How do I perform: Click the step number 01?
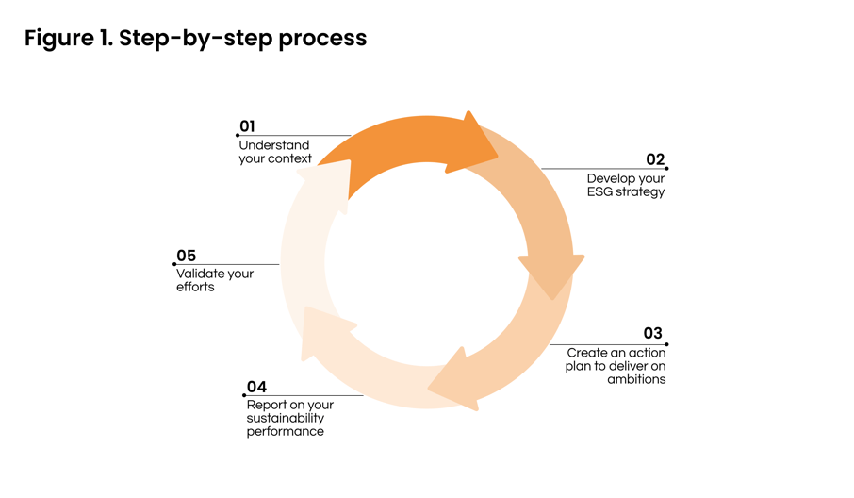coord(247,126)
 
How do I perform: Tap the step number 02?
coord(655,159)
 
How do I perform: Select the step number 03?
coord(652,334)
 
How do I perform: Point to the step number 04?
coord(256,387)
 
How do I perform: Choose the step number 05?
coord(187,256)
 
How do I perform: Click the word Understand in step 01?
coord(274,145)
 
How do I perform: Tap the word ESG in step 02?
coord(599,191)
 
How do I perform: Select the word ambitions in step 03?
coord(636,379)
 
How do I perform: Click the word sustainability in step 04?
coord(286,419)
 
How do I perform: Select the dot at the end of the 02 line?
coord(666,169)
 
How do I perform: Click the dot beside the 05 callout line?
coord(174,264)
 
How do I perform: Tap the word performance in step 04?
coord(286,432)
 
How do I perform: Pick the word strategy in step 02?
coord(640,192)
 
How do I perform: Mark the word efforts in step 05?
coord(195,287)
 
